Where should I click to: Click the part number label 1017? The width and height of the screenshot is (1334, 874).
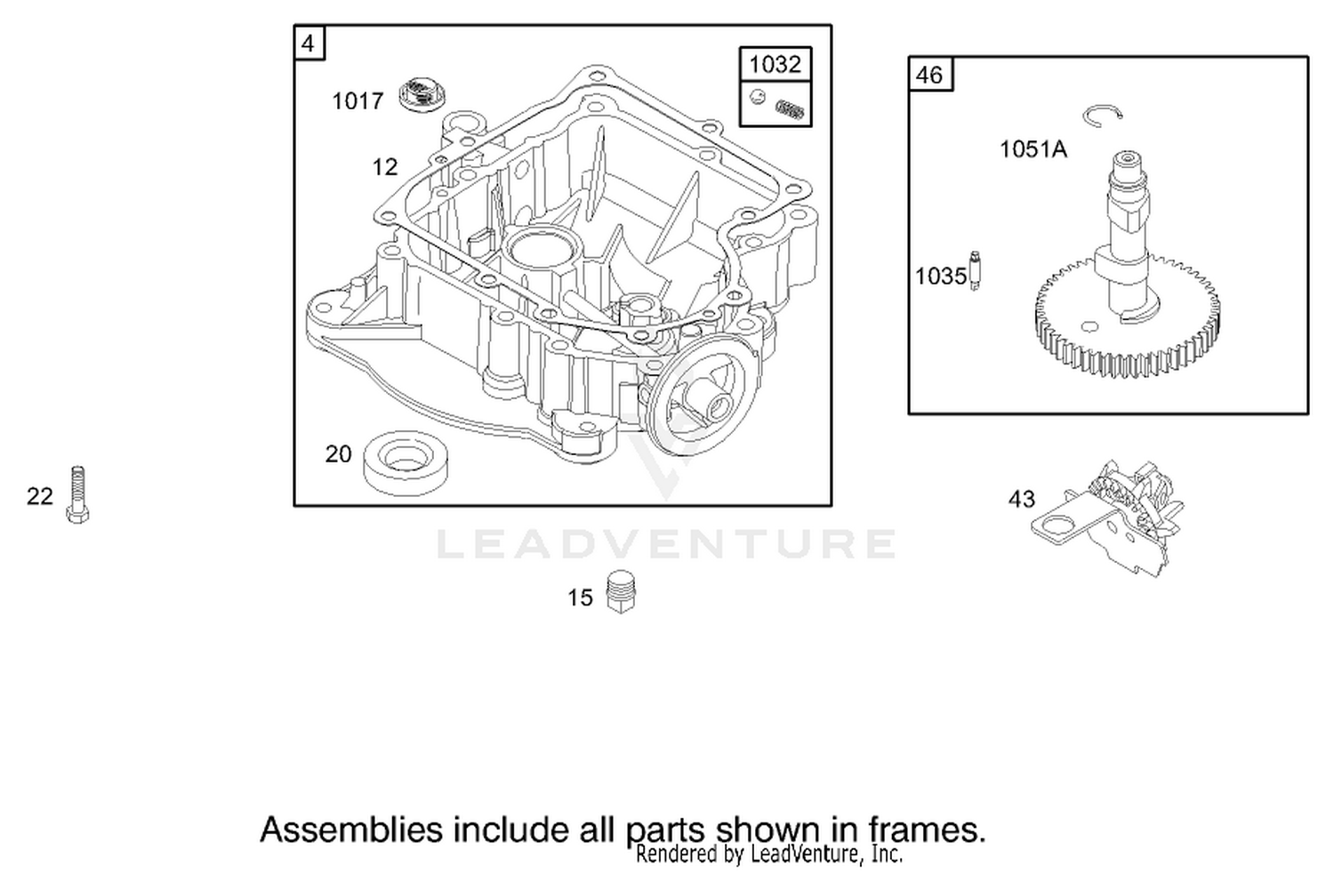(x=358, y=101)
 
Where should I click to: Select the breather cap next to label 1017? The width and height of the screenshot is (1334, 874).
(x=422, y=93)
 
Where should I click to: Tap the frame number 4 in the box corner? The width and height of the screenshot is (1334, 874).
(x=308, y=44)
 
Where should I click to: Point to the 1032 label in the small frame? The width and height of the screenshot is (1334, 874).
(x=775, y=64)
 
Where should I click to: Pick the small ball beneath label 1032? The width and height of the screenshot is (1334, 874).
(x=757, y=96)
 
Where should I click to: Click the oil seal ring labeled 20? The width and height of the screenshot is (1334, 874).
(x=406, y=462)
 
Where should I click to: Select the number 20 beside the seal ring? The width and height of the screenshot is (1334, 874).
(x=338, y=454)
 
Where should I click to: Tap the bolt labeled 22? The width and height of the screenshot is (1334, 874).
(x=77, y=494)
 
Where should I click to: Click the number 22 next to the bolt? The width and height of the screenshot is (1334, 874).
(x=40, y=496)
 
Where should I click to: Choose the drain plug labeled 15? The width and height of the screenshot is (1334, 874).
(x=621, y=592)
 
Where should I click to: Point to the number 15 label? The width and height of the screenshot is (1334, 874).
(x=580, y=597)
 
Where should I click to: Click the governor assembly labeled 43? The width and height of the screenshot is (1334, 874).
(x=1108, y=518)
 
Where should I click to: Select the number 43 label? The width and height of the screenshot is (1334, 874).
(x=1022, y=499)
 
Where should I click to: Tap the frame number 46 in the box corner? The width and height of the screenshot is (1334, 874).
(x=929, y=75)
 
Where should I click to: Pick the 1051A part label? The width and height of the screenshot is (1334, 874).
(x=1033, y=148)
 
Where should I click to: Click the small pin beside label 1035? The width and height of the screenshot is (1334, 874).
(x=975, y=271)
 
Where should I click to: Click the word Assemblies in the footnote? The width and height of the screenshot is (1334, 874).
(x=352, y=830)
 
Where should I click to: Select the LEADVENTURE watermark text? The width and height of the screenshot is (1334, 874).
(x=666, y=543)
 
